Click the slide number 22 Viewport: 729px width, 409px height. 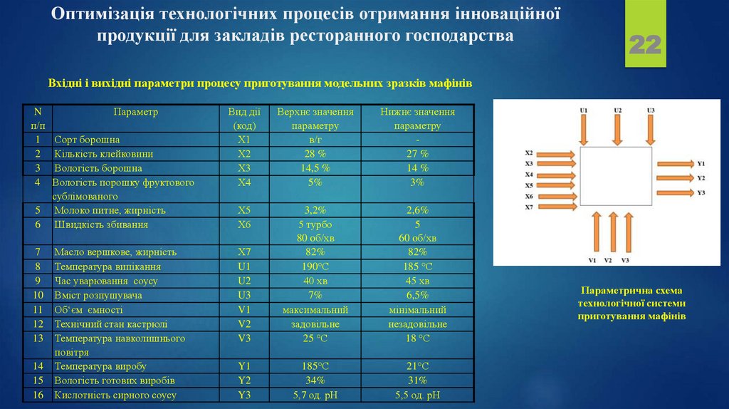coord(645,45)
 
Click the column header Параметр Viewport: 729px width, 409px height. coord(135,112)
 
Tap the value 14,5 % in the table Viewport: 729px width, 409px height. coord(315,168)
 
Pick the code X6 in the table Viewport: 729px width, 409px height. coord(244,224)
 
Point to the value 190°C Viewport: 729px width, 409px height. coord(315,266)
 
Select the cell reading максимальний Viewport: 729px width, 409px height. coord(315,310)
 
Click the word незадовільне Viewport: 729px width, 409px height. coord(417,324)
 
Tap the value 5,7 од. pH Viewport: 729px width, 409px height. coord(315,395)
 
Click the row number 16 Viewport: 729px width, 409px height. coord(38,395)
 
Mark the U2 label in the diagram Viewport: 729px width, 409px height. coord(617,110)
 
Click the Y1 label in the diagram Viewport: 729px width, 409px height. coord(701,163)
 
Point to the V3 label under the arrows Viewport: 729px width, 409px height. coord(625,261)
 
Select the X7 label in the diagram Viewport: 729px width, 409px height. coord(529,207)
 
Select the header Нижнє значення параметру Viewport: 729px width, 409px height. coord(417,118)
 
